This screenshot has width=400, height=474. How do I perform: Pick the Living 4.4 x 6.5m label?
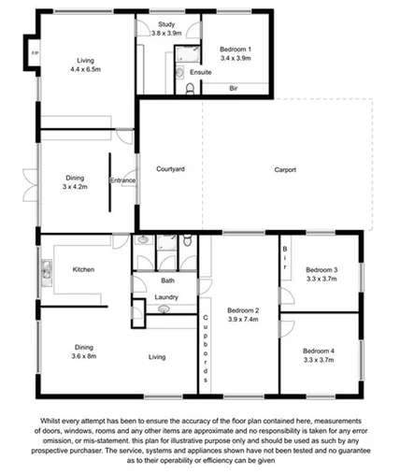(x=86, y=64)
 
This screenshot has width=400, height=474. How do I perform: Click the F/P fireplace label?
(x=36, y=52)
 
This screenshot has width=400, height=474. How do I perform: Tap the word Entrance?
(x=123, y=180)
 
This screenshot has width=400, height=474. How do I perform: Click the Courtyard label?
(x=170, y=169)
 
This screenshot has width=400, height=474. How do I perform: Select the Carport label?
(x=285, y=169)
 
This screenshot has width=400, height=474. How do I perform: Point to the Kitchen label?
(x=84, y=269)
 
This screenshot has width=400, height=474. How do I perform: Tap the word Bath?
(x=167, y=280)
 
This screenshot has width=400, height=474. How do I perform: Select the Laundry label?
(x=167, y=298)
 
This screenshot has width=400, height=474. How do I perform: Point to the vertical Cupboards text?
(x=205, y=351)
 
